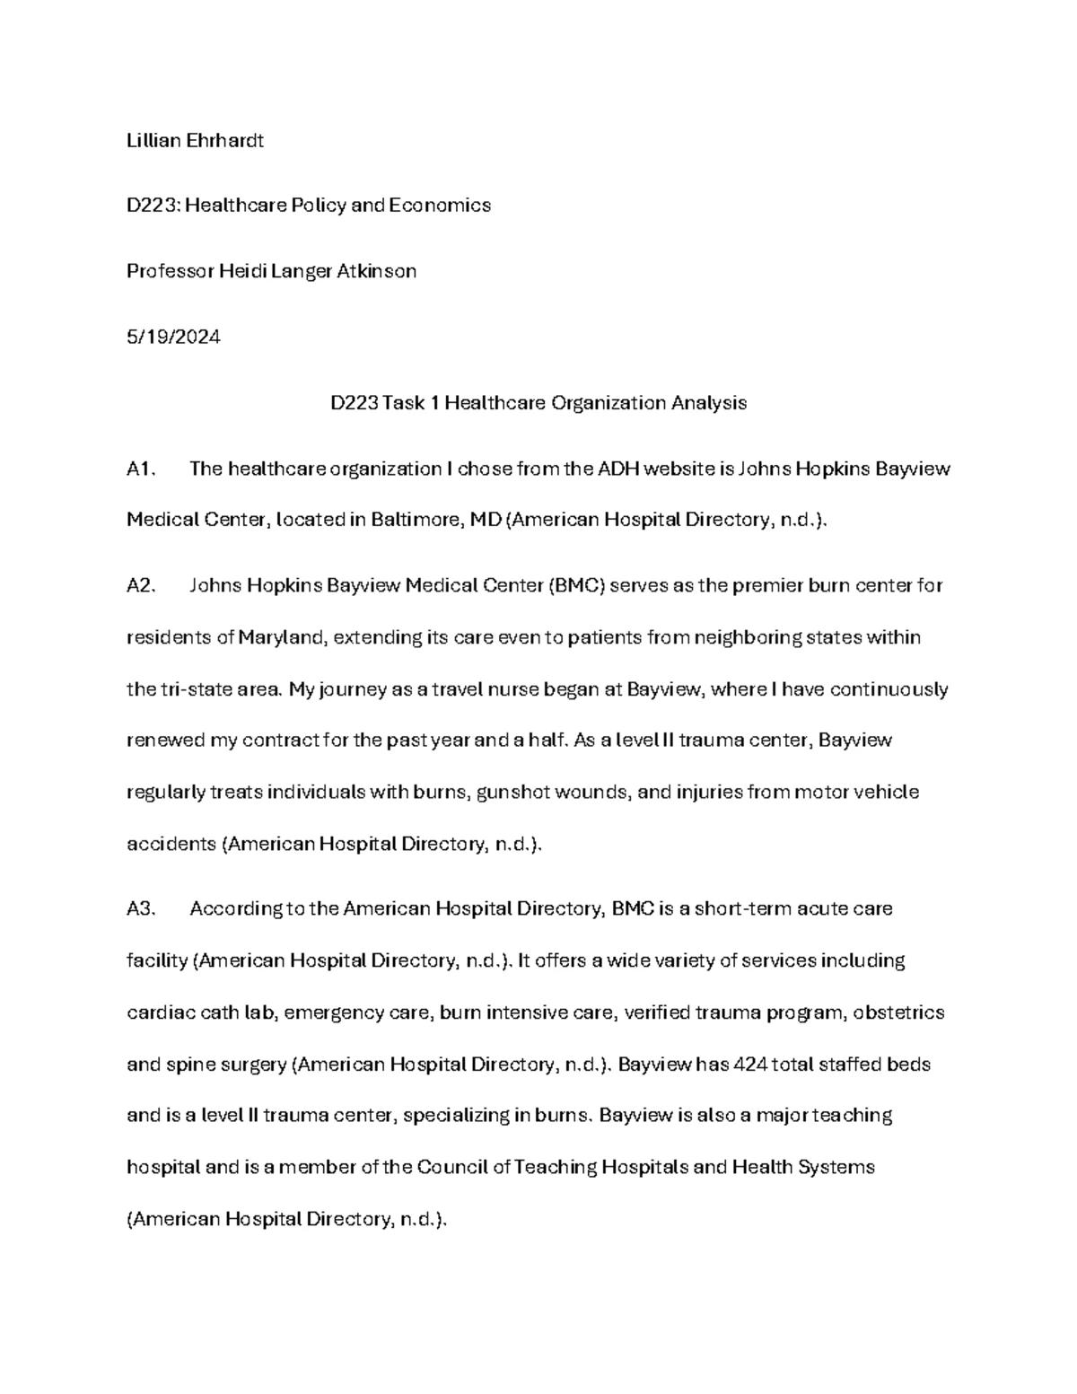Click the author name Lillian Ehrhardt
(195, 140)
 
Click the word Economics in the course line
(440, 205)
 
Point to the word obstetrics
(898, 1013)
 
